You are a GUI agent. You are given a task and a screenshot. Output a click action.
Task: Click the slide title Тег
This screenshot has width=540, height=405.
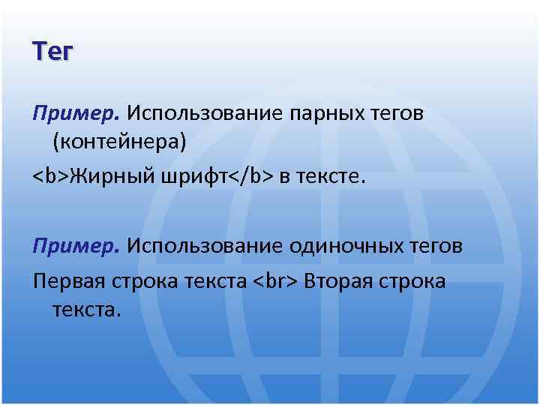pos(52,52)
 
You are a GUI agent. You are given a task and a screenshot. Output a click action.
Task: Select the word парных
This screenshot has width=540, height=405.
pos(328,113)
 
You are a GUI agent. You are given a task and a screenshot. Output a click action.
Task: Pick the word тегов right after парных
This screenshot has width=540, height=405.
pos(398,113)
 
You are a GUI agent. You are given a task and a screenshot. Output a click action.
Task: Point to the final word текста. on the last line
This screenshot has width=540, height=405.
pos(86,309)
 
